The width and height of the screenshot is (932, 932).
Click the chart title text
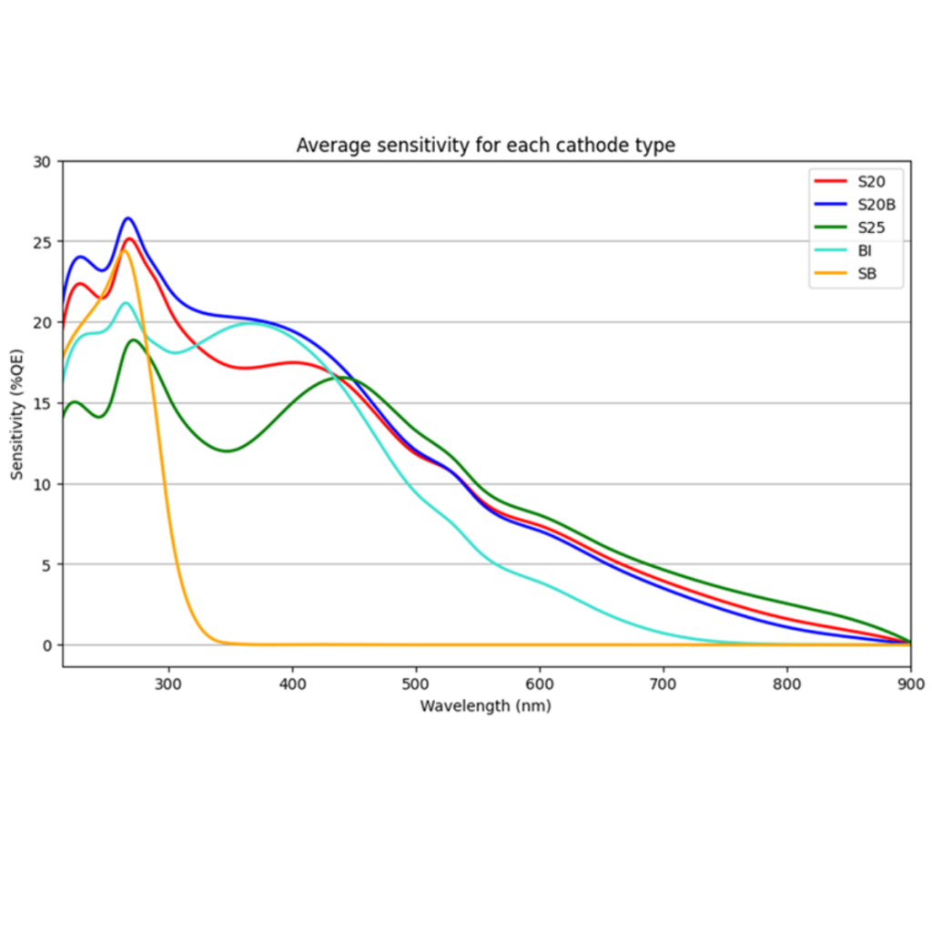[x=485, y=146]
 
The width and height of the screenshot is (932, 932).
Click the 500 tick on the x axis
[x=416, y=683]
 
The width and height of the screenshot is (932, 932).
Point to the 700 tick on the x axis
[x=664, y=683]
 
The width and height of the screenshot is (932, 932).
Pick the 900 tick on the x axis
[x=910, y=683]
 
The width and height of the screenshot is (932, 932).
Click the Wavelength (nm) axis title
[x=485, y=705]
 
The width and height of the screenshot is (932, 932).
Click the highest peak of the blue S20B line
[x=127, y=218]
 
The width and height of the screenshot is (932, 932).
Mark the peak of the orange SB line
[x=125, y=250]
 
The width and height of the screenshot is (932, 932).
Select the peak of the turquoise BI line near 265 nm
[x=126, y=303]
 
